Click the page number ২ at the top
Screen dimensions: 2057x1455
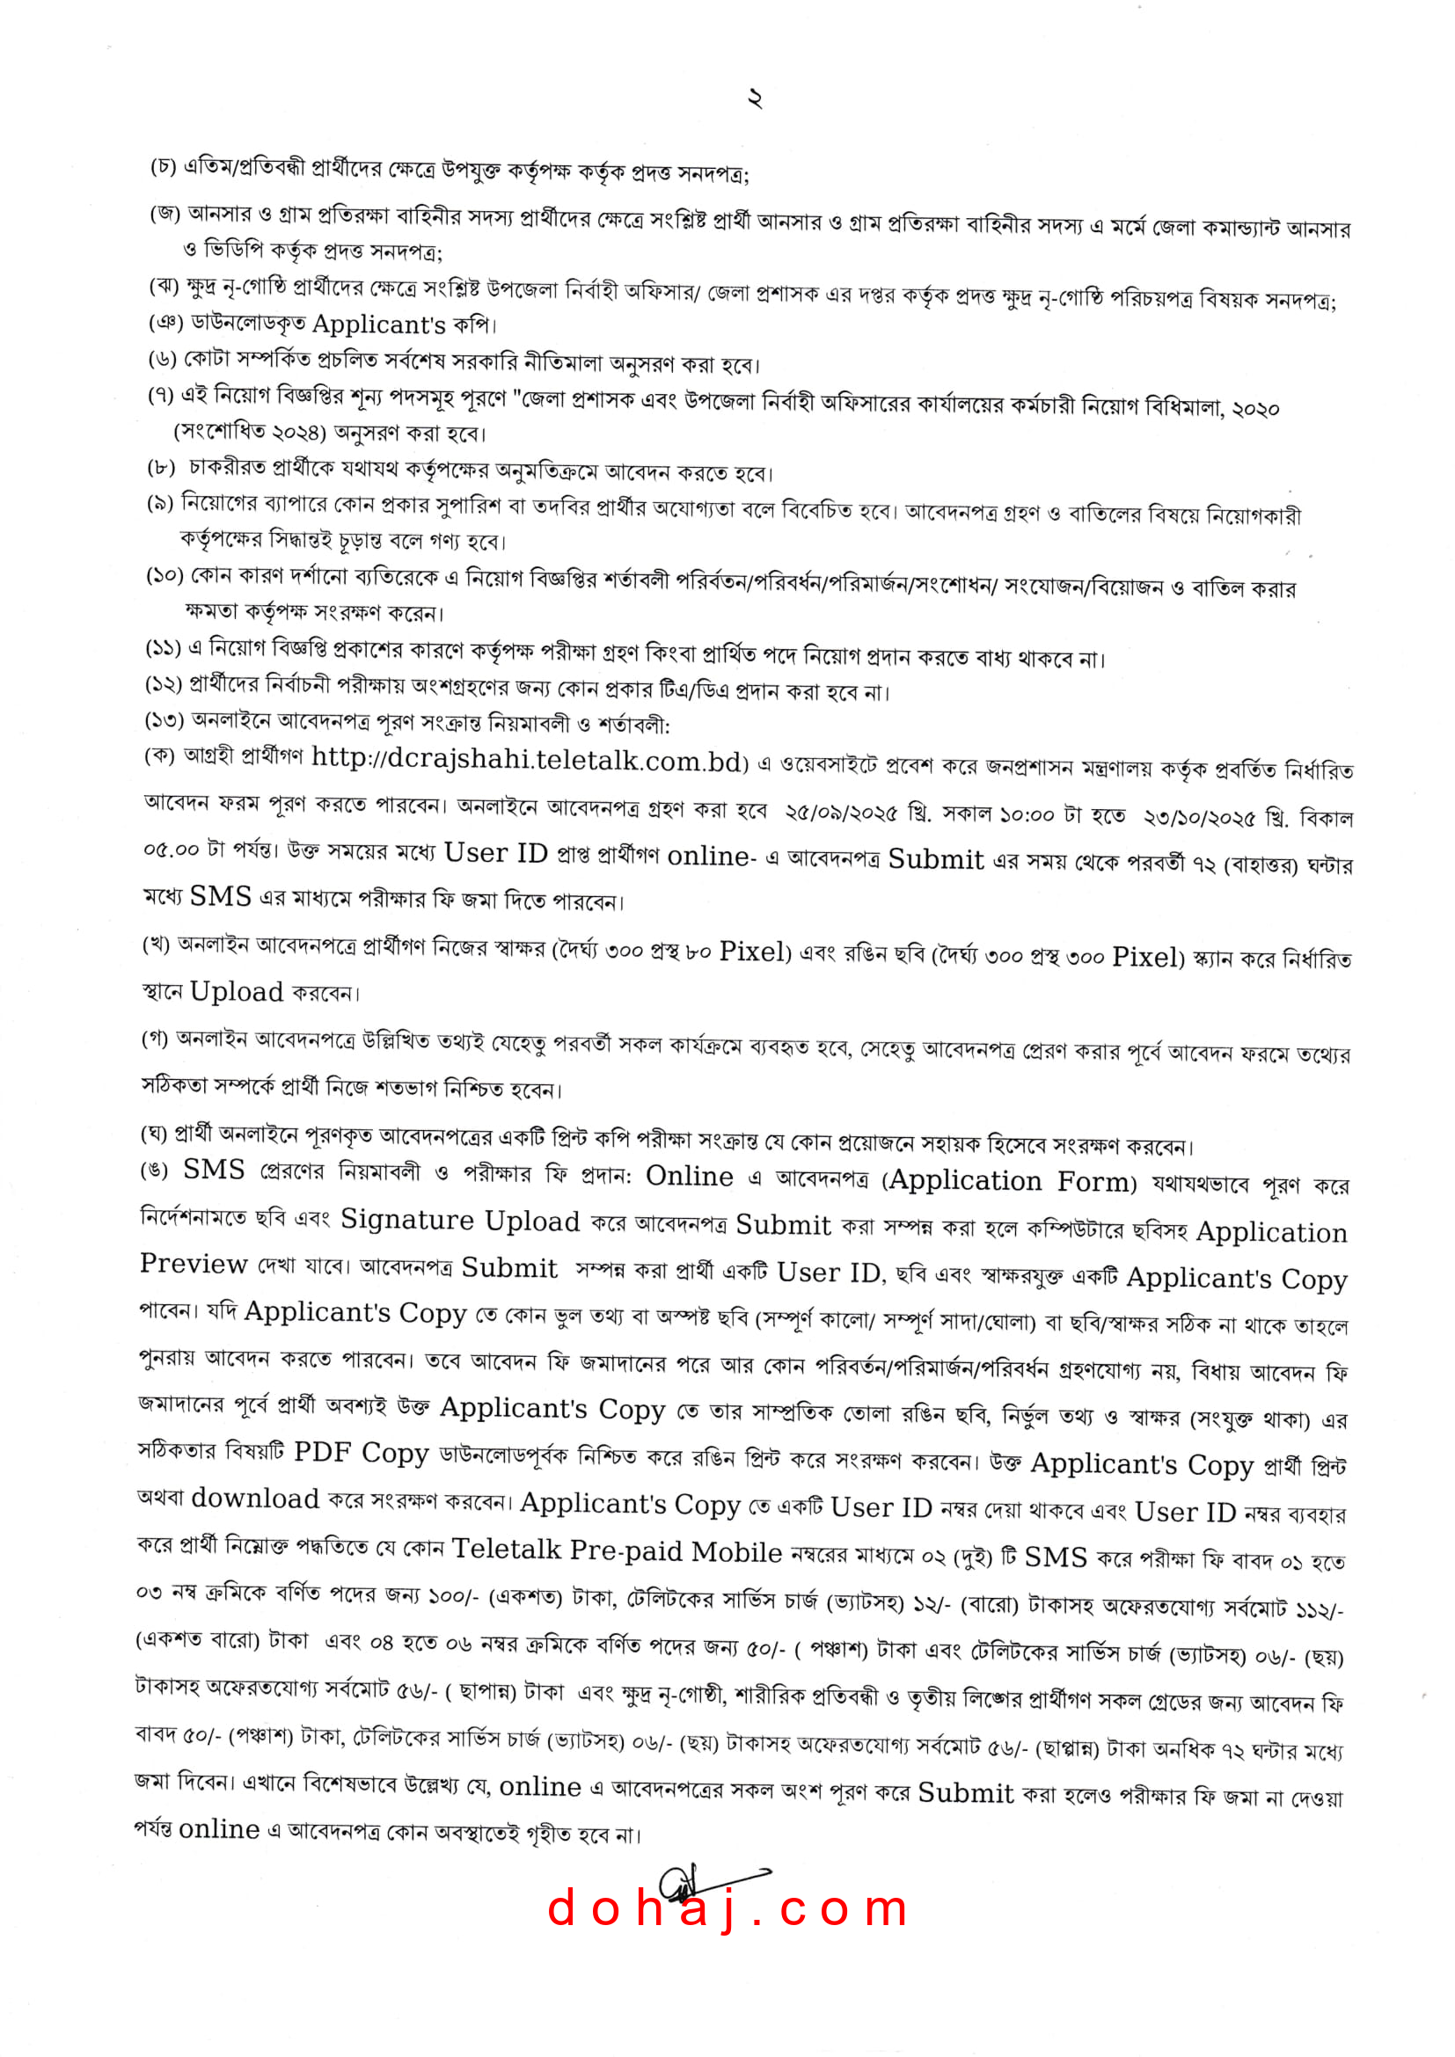pos(755,98)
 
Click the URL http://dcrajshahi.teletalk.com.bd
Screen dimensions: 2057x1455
pos(529,759)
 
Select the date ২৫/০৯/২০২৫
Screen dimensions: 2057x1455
pos(840,813)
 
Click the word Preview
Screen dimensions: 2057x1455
pos(194,1264)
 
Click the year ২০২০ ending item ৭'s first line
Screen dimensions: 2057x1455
pos(1256,409)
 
